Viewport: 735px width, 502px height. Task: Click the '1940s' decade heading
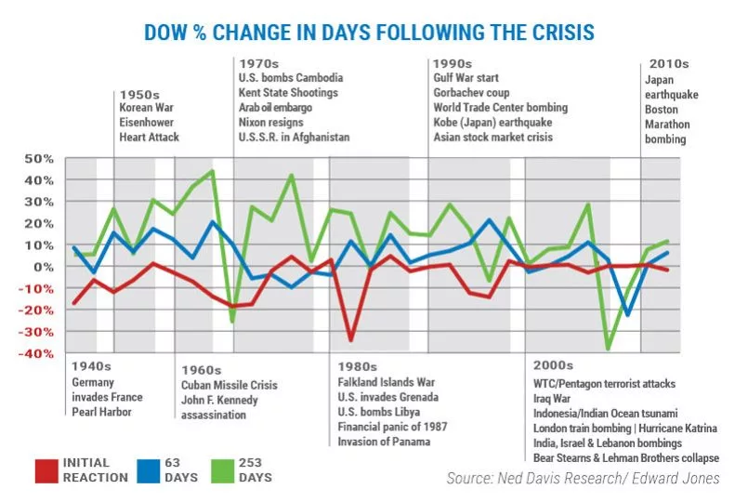click(x=91, y=366)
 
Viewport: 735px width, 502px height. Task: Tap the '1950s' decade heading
click(x=138, y=95)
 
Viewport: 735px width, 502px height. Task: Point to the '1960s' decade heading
click(x=202, y=370)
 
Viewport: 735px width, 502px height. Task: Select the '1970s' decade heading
click(x=258, y=62)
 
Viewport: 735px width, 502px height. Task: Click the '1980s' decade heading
click(x=358, y=366)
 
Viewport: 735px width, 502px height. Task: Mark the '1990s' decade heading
click(x=453, y=62)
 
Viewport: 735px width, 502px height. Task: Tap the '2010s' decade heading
click(x=666, y=63)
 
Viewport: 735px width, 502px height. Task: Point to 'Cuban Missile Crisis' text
click(x=229, y=385)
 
